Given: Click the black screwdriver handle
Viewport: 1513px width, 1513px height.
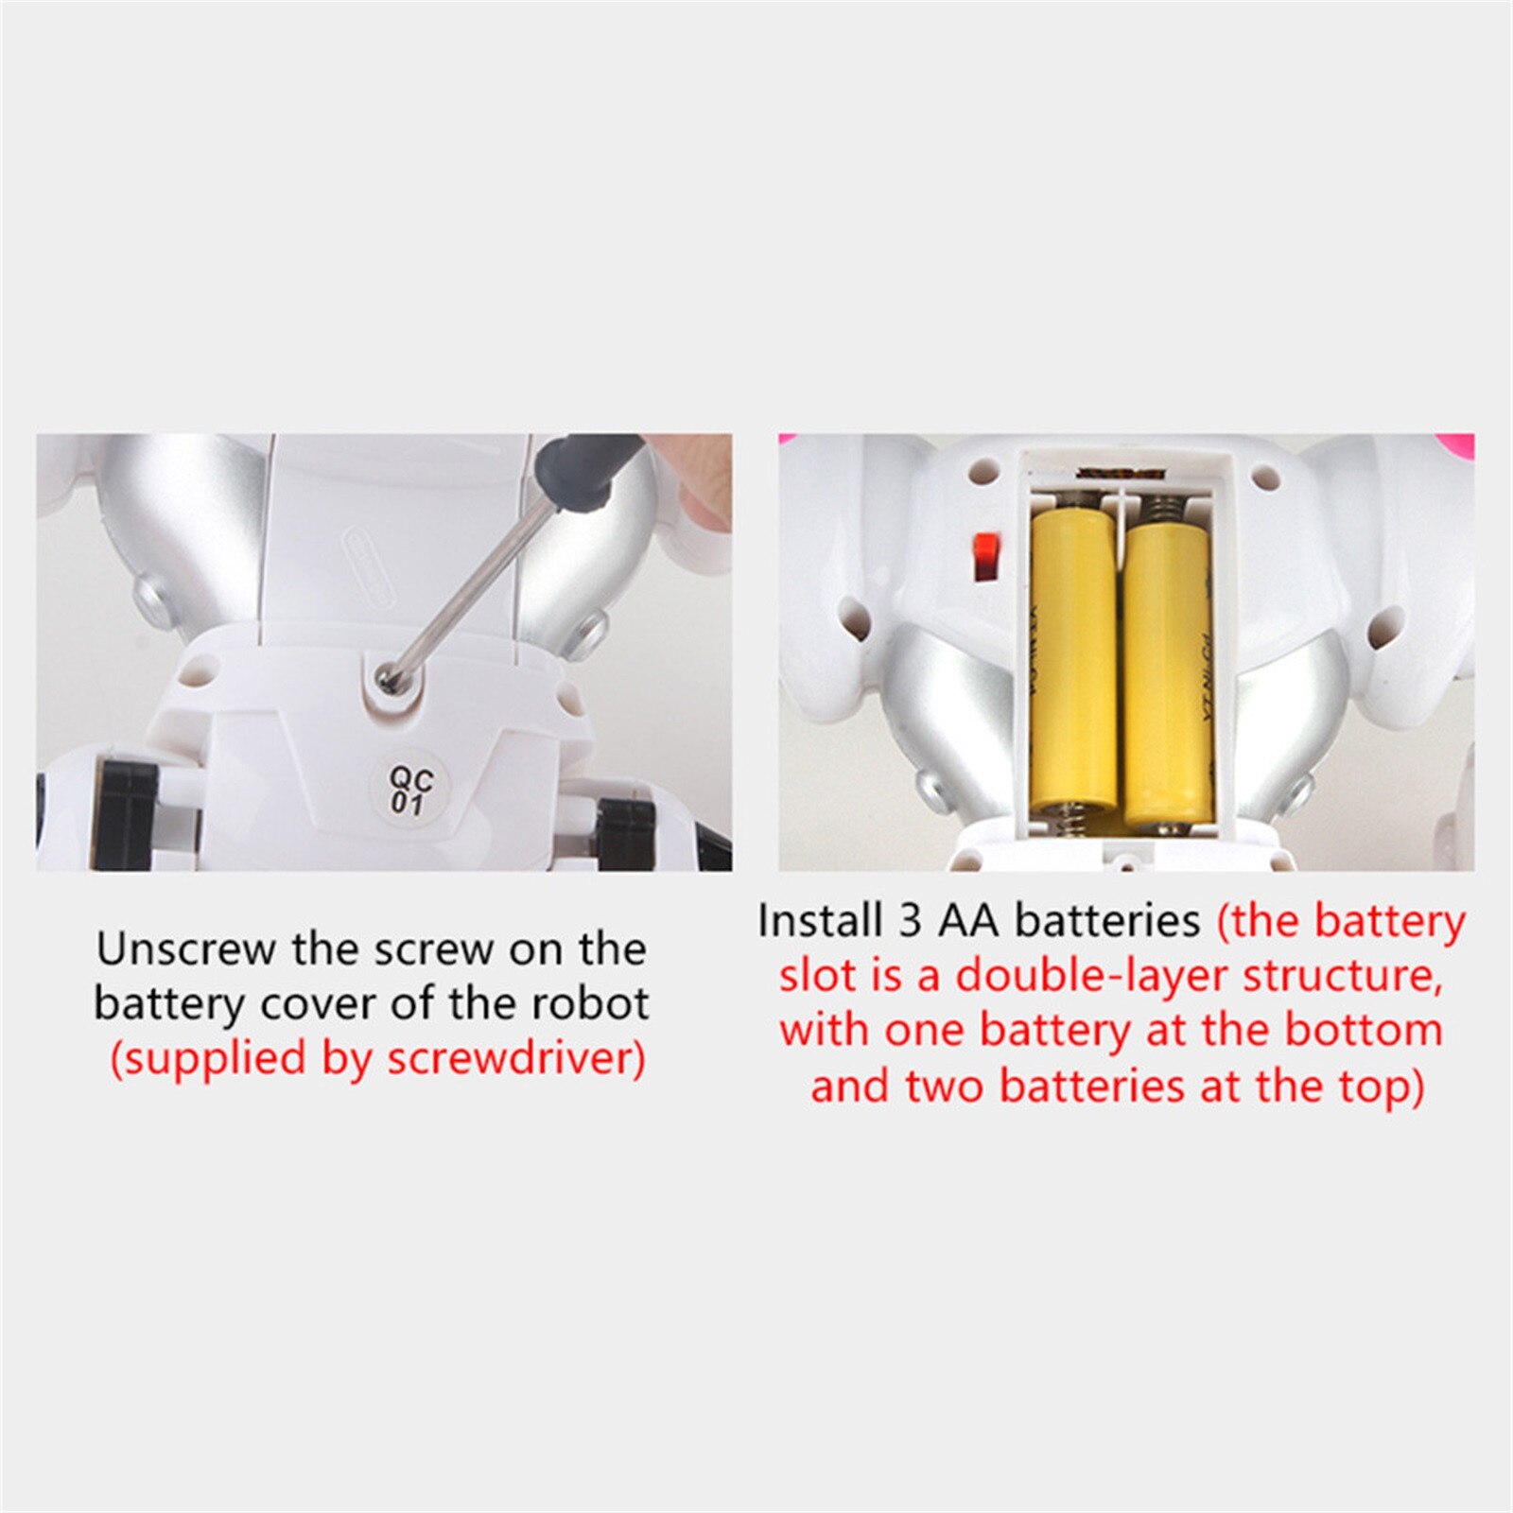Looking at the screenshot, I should pos(586,467).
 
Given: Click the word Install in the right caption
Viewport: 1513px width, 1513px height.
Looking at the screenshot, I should pos(818,921).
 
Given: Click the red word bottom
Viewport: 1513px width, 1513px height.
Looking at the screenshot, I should pos(1363,1031).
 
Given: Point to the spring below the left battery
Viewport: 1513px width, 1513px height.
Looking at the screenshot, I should pos(1072,821).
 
